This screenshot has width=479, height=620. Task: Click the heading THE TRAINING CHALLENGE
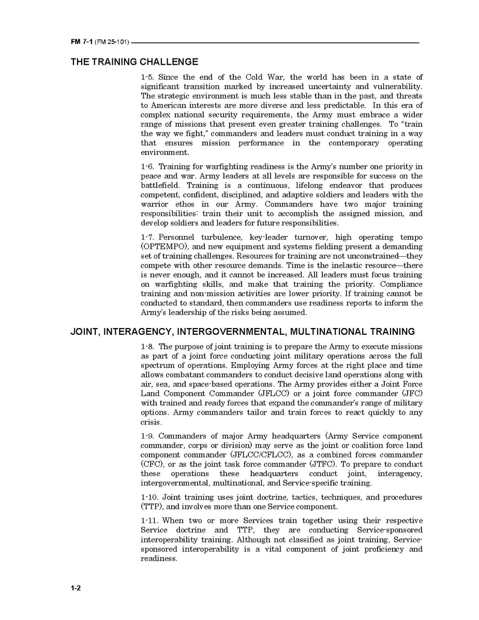134,62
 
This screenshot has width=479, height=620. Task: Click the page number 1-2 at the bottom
76,588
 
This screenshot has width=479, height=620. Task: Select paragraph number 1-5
147,77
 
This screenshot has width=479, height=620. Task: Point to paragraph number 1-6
147,166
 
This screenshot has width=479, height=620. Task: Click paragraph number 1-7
147,238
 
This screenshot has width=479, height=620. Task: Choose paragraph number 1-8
147,346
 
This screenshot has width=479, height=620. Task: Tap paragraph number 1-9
147,436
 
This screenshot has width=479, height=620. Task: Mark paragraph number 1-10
149,497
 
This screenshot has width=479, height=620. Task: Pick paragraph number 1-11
149,521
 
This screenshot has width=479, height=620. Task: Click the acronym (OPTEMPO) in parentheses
166,247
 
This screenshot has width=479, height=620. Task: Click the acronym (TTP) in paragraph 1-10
152,507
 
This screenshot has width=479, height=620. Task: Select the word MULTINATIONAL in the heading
331,331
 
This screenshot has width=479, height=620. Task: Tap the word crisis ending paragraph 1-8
151,422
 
